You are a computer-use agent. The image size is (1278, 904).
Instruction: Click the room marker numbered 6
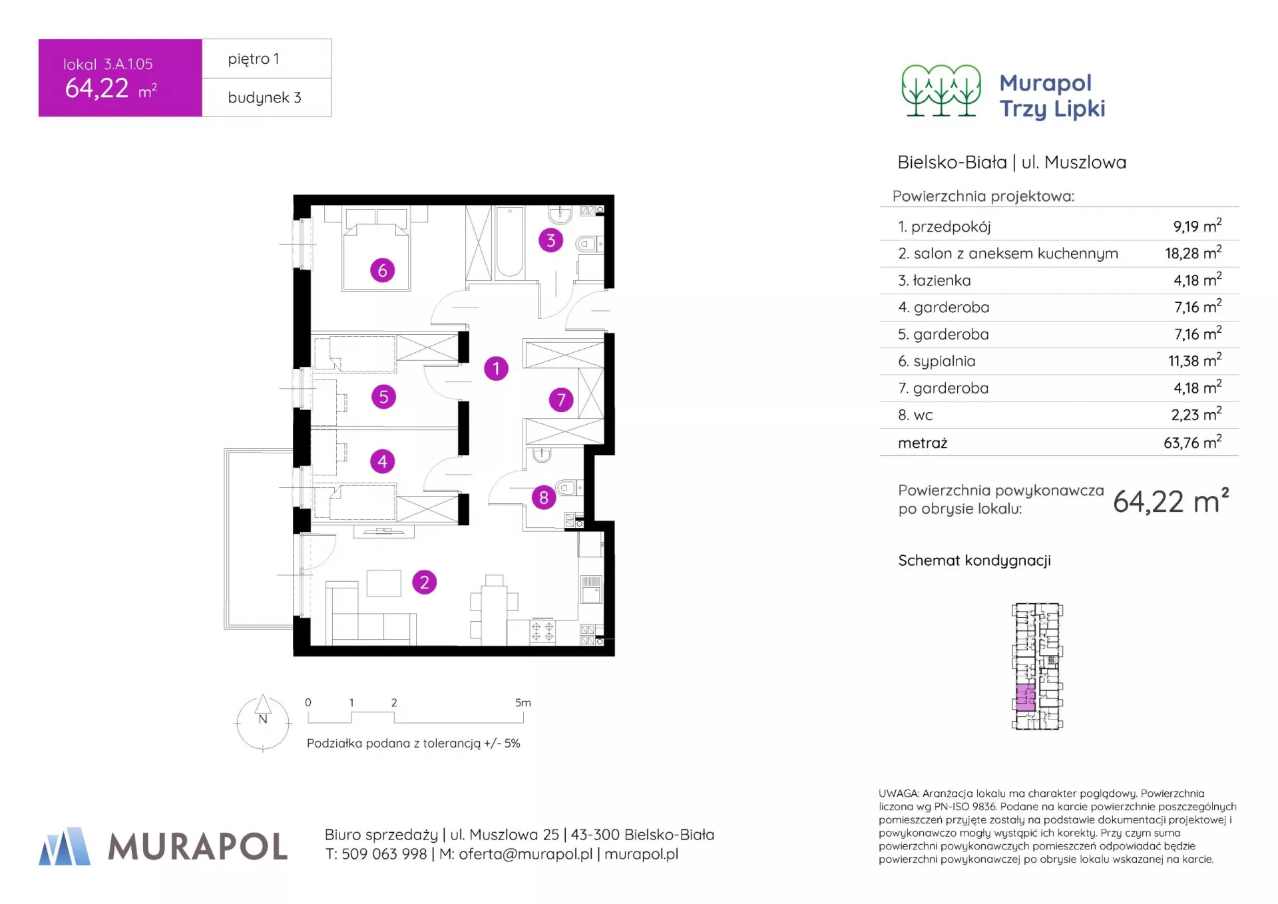[x=382, y=270]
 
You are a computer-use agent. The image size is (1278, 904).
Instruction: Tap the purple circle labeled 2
[x=424, y=582]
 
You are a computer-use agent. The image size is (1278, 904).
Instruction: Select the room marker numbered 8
[x=544, y=497]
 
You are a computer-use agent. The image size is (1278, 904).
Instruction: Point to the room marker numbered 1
[x=496, y=368]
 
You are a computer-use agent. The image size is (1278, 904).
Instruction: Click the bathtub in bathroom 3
[x=509, y=242]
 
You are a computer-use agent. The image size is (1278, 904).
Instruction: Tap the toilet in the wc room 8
[x=568, y=488]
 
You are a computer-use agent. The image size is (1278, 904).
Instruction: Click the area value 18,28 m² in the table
[x=1193, y=253]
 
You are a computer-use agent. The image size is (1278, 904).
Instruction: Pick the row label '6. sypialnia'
[x=937, y=361]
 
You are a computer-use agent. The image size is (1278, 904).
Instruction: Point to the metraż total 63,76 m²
[x=1193, y=442]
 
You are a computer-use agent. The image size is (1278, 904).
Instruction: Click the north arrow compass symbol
[x=263, y=722]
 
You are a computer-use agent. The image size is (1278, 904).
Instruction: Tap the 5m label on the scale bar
[x=523, y=702]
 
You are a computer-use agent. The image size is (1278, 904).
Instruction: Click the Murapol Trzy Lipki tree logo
[x=941, y=91]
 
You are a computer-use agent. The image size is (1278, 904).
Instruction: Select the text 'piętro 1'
[x=254, y=59]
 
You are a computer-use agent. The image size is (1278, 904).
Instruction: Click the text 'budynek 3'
[x=264, y=97]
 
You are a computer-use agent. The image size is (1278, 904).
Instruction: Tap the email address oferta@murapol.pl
[x=525, y=854]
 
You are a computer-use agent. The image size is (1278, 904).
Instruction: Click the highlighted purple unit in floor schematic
[x=1026, y=697]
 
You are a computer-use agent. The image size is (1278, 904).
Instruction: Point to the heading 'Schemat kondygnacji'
[x=974, y=561]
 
